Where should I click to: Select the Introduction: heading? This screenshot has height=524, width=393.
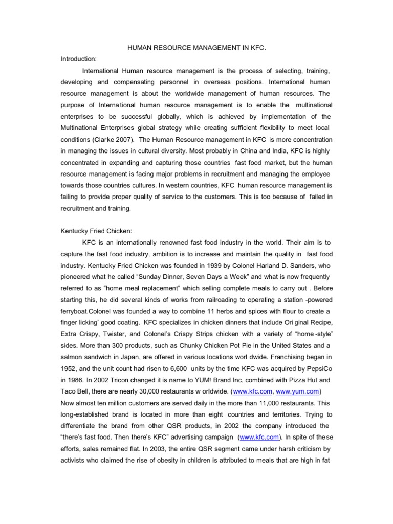(x=78, y=59)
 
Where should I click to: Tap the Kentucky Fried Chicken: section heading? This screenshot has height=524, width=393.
(x=96, y=231)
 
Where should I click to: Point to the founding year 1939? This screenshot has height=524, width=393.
(x=221, y=266)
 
